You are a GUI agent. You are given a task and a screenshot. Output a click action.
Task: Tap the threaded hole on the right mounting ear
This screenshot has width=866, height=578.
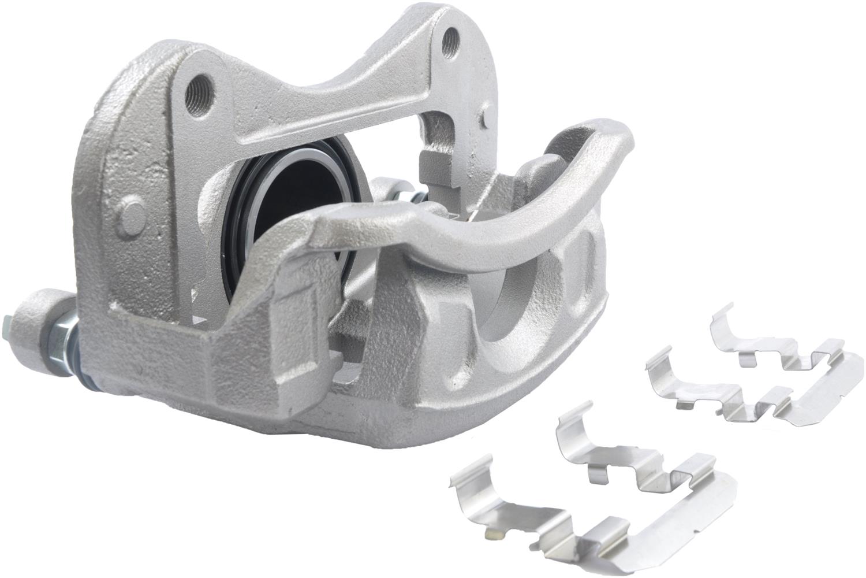point(450,42)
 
